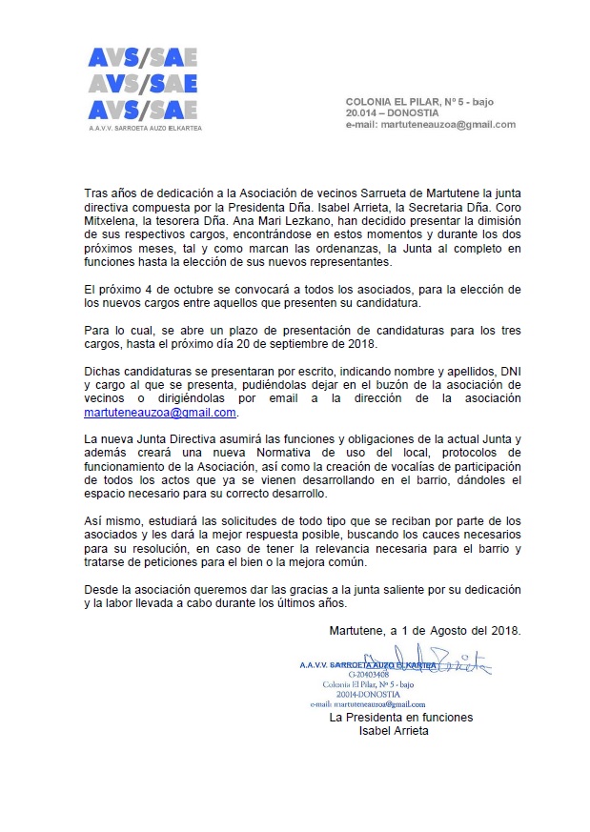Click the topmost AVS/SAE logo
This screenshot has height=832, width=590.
(x=142, y=58)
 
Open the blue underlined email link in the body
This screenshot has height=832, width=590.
(x=160, y=413)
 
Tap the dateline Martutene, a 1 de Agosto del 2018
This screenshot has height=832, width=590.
(x=424, y=630)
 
